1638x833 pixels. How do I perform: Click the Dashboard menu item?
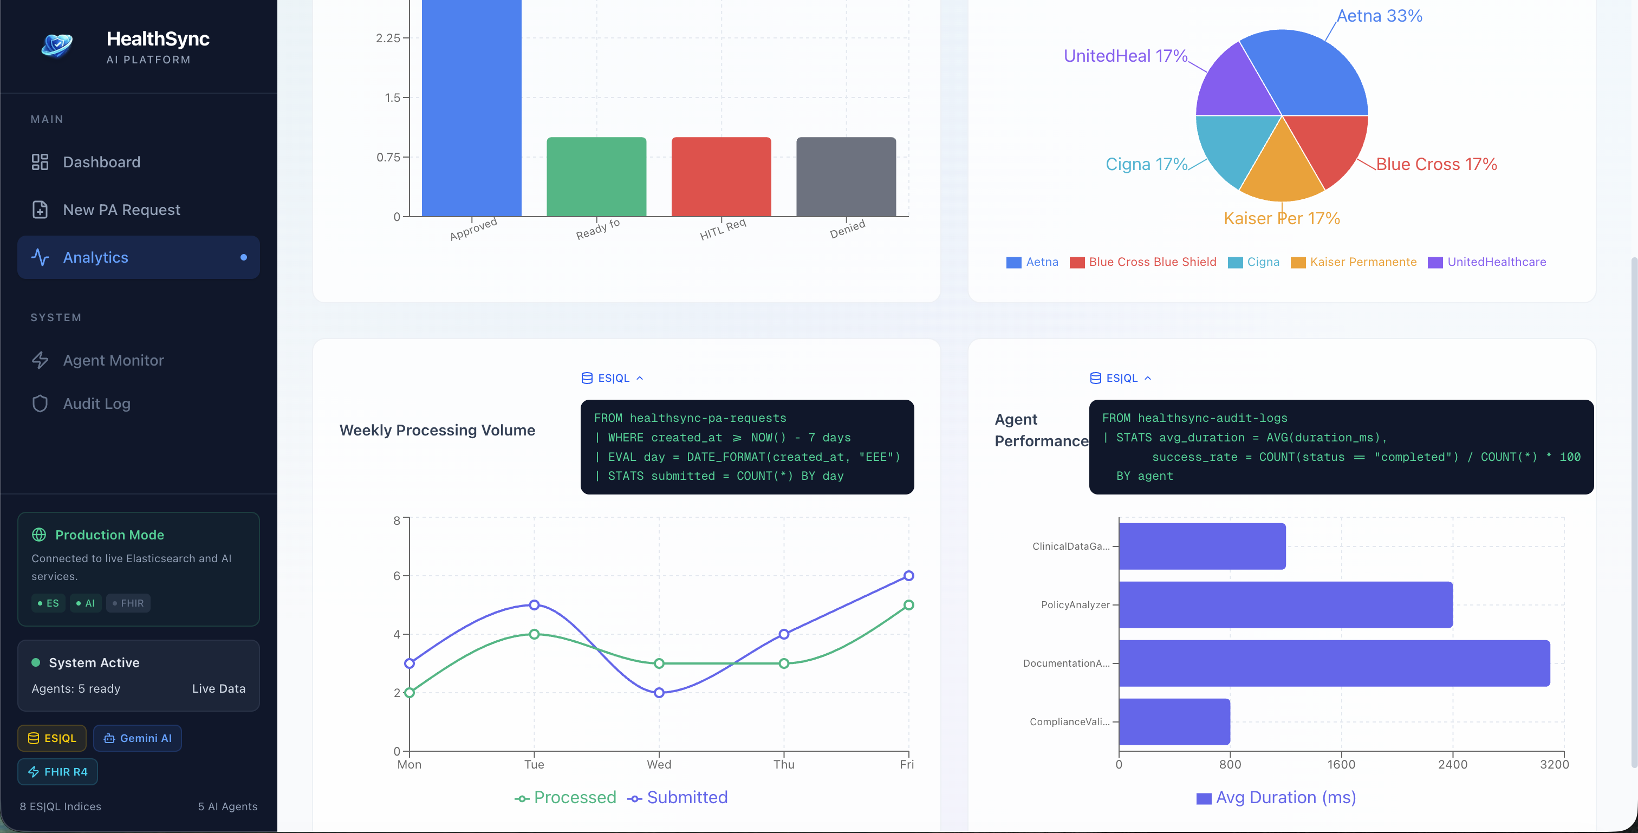pos(101,162)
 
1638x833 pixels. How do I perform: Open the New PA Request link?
pos(121,210)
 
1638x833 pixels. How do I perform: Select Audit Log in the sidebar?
pos(96,404)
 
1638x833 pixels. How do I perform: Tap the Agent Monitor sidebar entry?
pos(113,361)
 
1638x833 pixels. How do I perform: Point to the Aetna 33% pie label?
pos(1379,16)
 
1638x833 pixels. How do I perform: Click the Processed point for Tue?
pos(534,634)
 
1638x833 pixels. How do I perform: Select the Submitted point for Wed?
pos(659,693)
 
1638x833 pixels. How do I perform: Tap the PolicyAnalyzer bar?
pos(1285,605)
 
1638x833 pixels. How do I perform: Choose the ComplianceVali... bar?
pos(1174,722)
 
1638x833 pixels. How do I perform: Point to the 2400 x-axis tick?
pos(1452,764)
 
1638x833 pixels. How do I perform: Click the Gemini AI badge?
pos(138,738)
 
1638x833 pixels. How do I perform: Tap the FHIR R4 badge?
pos(58,772)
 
